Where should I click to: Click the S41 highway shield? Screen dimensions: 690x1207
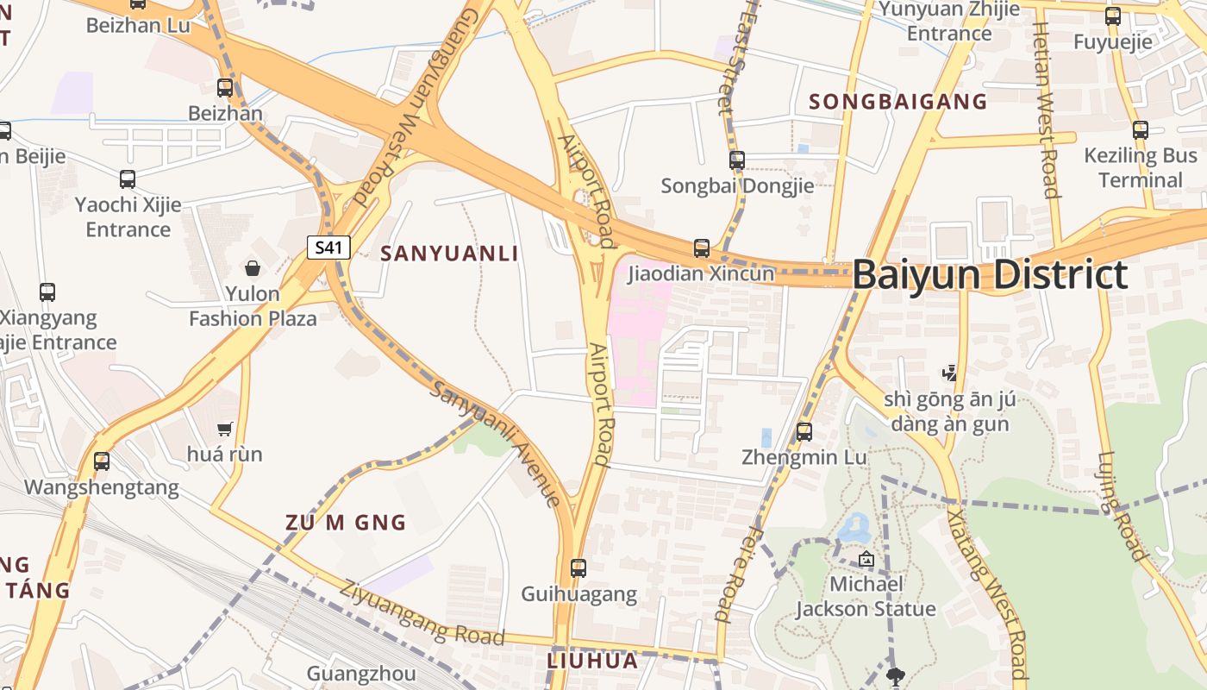pyautogui.click(x=328, y=248)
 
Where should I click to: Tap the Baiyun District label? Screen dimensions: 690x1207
pyautogui.click(x=990, y=275)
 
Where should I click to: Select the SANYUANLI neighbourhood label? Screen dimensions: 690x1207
pyautogui.click(x=449, y=253)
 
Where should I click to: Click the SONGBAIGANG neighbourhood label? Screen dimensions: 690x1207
pyautogui.click(x=897, y=101)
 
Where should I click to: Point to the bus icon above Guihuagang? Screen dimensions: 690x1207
pyautogui.click(x=578, y=568)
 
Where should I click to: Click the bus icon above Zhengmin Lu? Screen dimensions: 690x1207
pyautogui.click(x=804, y=431)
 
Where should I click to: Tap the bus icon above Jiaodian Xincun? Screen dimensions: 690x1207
pyautogui.click(x=702, y=248)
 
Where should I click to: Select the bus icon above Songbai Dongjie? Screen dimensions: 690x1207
pyautogui.click(x=737, y=160)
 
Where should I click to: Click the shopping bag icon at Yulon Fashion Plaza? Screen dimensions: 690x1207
pyautogui.click(x=253, y=268)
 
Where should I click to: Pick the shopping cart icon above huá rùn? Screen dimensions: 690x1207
pyautogui.click(x=225, y=429)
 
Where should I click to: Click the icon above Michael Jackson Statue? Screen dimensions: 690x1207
pyautogui.click(x=866, y=560)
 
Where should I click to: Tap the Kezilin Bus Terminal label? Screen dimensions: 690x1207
pyautogui.click(x=1141, y=167)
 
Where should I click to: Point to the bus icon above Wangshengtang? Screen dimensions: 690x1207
pyautogui.click(x=102, y=461)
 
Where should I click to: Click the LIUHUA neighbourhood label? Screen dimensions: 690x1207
pyautogui.click(x=592, y=661)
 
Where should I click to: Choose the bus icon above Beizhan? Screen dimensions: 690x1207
pyautogui.click(x=225, y=87)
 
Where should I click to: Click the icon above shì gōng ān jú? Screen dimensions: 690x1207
pyautogui.click(x=949, y=373)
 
